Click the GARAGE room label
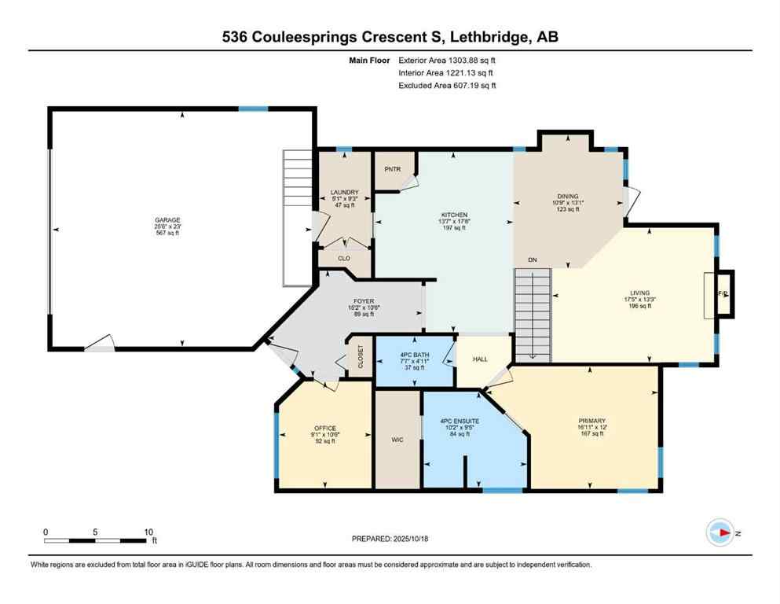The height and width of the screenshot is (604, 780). (167, 220)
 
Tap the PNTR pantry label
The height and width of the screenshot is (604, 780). (392, 169)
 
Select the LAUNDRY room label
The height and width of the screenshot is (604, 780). (344, 192)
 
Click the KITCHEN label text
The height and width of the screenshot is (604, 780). (454, 215)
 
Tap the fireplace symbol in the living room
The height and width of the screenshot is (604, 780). (723, 293)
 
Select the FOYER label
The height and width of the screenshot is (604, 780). (362, 300)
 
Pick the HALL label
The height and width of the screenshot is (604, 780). (480, 359)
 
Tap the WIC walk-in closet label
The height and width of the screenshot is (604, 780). (397, 440)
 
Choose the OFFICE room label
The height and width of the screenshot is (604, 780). (324, 429)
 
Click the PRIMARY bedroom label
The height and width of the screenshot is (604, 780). (593, 420)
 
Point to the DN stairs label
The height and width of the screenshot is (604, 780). (532, 260)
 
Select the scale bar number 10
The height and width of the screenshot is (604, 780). (148, 532)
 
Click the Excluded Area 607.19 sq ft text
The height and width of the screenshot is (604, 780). (446, 85)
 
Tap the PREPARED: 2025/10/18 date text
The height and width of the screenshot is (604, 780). (390, 539)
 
